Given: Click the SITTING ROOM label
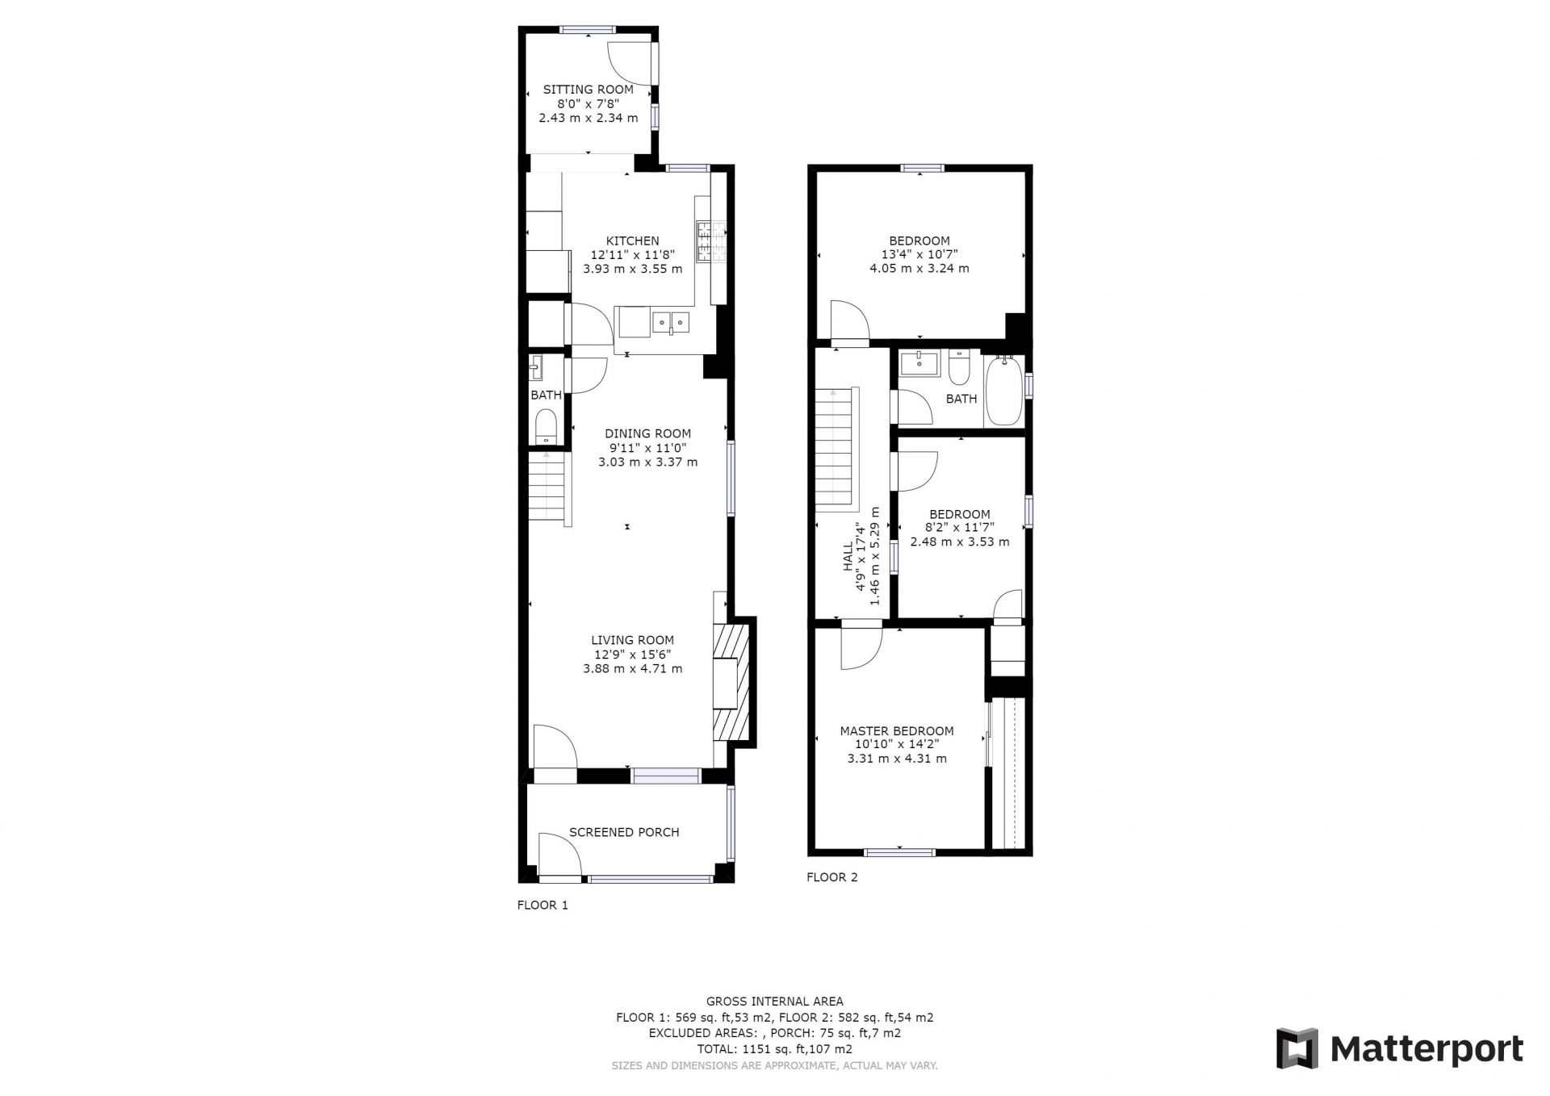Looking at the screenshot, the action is coord(588,90).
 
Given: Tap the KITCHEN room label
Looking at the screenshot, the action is coord(633,241).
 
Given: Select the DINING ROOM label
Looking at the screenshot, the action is coord(648,433).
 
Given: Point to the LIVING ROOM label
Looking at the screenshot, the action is coord(633,641).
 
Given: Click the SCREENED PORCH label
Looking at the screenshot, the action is coord(624,832).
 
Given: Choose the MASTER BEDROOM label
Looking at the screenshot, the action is coord(897,731).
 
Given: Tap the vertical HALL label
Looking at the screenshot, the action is coord(848,556).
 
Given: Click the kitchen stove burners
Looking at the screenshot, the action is coord(711,241).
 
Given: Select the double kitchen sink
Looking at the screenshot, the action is coord(672,323).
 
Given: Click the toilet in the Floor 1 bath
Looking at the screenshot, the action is coord(547,426).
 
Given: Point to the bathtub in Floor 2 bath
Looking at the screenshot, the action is coord(1003,391).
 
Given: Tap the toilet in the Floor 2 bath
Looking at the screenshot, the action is coord(960,368).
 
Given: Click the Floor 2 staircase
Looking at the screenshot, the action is coord(836,449).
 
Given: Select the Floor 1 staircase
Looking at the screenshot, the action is coord(549,488).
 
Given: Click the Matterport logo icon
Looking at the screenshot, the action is coord(1297,1048).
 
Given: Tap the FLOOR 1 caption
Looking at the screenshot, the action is coord(542,906).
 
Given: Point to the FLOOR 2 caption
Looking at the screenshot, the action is coord(832,877).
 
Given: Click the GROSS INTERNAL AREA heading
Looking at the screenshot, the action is coord(775,1002).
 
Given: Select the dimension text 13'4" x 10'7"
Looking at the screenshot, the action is coord(920,255).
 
